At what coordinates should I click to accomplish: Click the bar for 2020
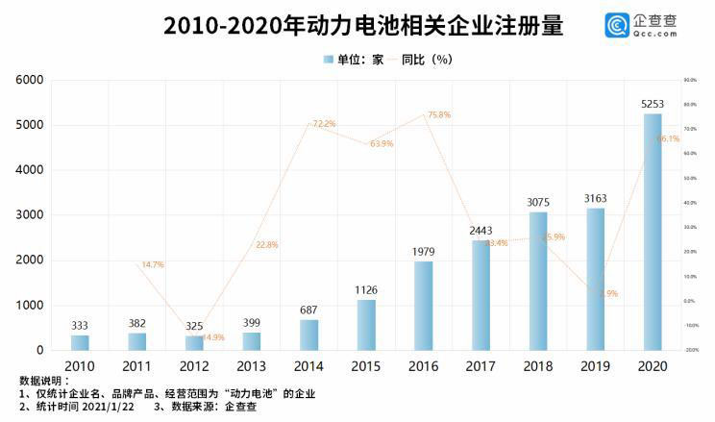coord(653,232)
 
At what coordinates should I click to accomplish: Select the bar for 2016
coord(423,306)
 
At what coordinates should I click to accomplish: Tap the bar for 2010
coord(80,342)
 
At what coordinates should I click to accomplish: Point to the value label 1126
coord(366,291)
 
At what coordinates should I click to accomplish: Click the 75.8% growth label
coord(438,115)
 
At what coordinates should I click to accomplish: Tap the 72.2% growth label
coord(324,124)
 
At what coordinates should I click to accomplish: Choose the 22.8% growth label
coord(266,245)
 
